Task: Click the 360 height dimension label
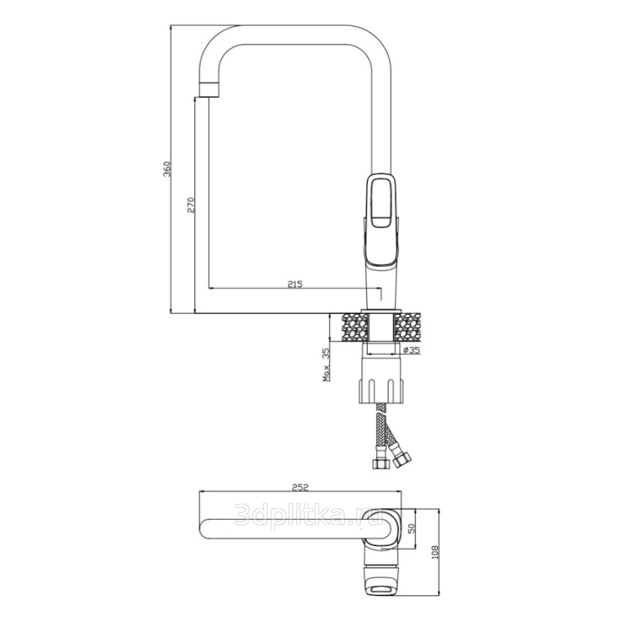[167, 168]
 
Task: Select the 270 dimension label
[190, 205]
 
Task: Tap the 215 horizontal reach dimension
[295, 284]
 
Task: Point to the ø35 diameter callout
[412, 350]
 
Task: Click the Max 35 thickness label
[325, 365]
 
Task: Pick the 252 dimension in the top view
[300, 487]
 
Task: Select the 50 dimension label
[412, 528]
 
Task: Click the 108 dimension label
[435, 552]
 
